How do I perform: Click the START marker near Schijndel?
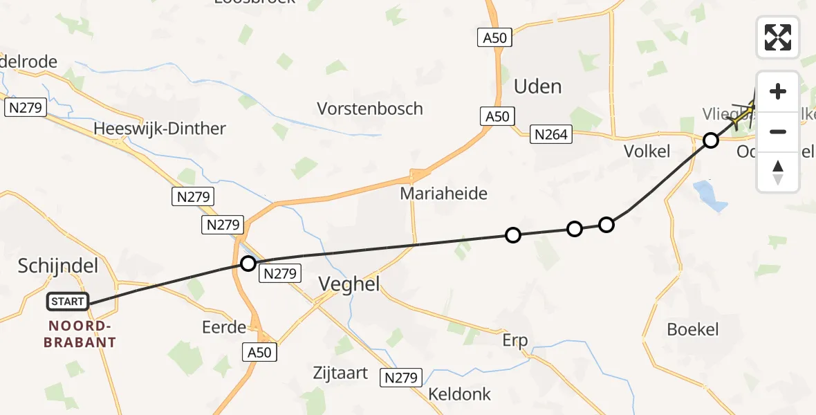coord(68,302)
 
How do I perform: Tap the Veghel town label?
coord(349,283)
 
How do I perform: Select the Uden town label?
coord(537,86)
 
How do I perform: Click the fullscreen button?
coord(777,37)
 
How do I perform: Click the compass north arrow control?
coord(777,172)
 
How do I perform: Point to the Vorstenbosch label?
coord(369,109)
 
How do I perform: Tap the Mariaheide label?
coord(443,194)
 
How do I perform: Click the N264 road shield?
coord(551,134)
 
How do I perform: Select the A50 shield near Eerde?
coord(260,352)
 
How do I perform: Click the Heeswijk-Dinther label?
coord(159,129)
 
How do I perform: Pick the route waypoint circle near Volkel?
coord(710,141)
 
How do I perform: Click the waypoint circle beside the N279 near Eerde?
coord(248,263)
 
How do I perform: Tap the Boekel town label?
coord(693,329)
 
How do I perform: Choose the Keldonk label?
coord(459,394)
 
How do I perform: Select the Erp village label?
coord(514,340)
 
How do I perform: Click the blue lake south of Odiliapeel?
coord(711,196)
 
